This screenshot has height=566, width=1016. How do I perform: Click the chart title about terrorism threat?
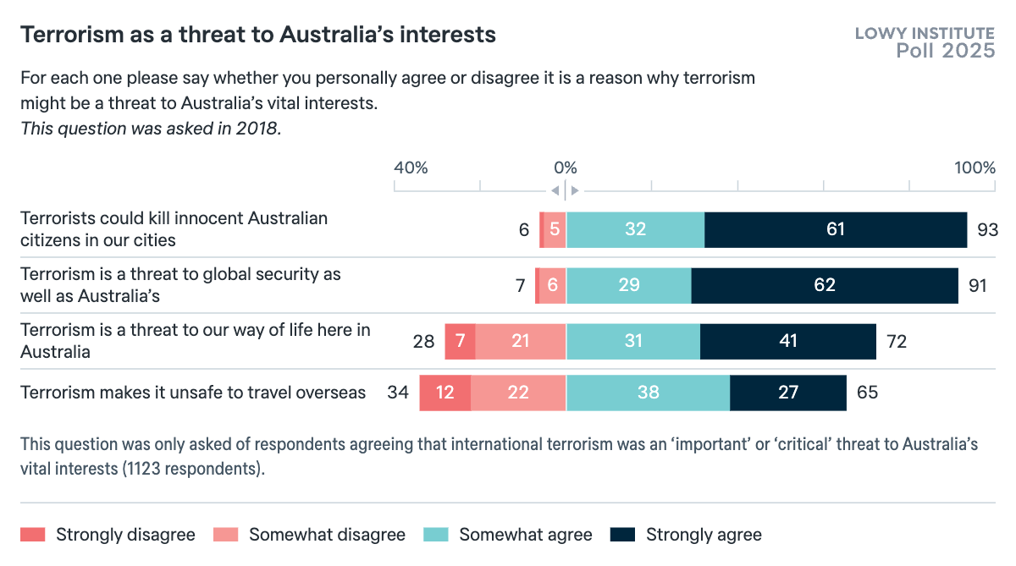tap(258, 35)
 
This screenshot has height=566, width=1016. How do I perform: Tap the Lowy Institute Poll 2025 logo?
tap(924, 42)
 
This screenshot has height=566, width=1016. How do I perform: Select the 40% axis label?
tap(411, 168)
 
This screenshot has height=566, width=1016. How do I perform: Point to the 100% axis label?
tap(975, 168)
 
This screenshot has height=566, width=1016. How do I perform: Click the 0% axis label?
tap(565, 168)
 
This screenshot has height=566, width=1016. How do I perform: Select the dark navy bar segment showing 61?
tap(836, 230)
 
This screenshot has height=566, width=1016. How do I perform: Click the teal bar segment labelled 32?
tap(635, 230)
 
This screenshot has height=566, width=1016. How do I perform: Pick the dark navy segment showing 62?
tap(825, 286)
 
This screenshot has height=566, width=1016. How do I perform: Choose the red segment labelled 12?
tap(445, 393)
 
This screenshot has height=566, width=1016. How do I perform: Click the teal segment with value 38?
tap(648, 393)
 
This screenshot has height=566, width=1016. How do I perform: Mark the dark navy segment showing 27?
tap(788, 393)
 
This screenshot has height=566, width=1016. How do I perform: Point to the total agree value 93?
tap(987, 230)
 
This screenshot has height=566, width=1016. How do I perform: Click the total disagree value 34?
tap(398, 393)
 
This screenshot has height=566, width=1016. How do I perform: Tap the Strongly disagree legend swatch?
tap(32, 535)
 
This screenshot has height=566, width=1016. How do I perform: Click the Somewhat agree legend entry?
tap(525, 535)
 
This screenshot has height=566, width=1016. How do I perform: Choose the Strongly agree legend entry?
tap(704, 535)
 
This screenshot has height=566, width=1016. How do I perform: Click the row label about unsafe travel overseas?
tap(193, 393)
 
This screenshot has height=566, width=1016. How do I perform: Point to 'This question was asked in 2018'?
tap(150, 129)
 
